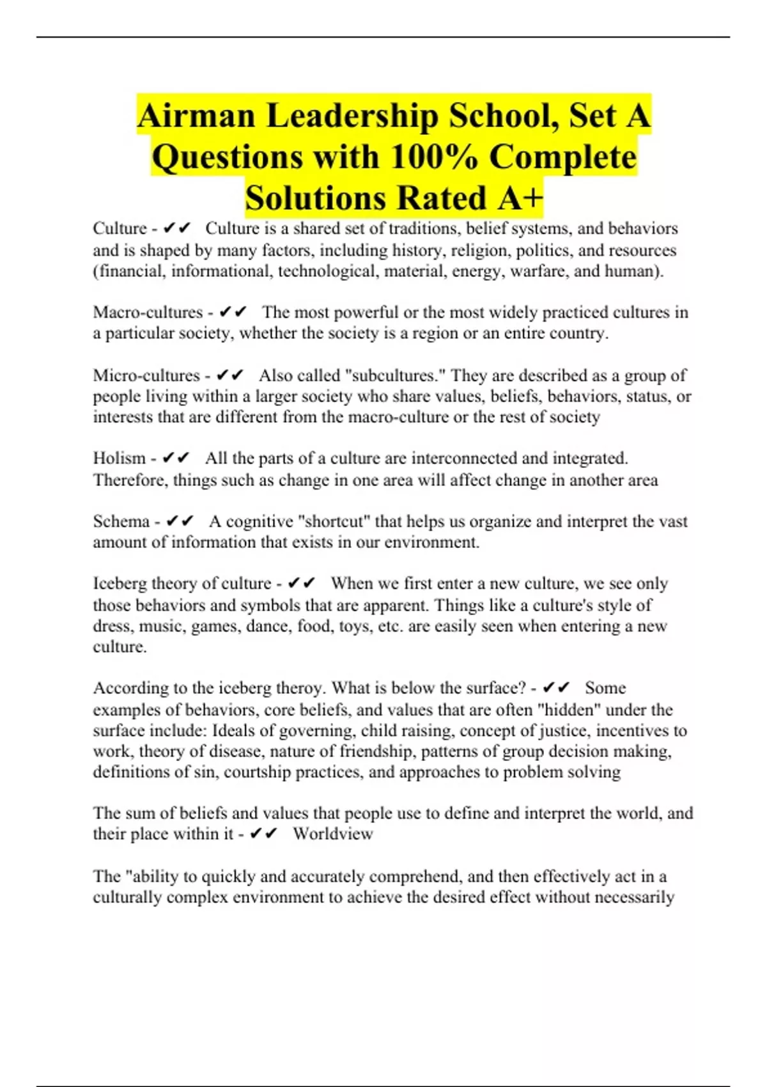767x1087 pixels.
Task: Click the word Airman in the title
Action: (x=196, y=116)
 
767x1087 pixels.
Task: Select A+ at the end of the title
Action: (x=520, y=198)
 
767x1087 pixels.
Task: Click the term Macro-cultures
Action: (x=148, y=313)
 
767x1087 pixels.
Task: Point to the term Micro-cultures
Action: (x=146, y=375)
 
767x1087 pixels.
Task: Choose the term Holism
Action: (x=120, y=458)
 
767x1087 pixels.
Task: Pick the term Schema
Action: (x=121, y=521)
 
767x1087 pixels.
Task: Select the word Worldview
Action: (x=333, y=834)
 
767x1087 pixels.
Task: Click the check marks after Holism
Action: (x=176, y=458)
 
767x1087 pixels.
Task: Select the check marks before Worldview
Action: (x=264, y=834)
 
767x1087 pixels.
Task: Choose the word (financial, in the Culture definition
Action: (x=130, y=271)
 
